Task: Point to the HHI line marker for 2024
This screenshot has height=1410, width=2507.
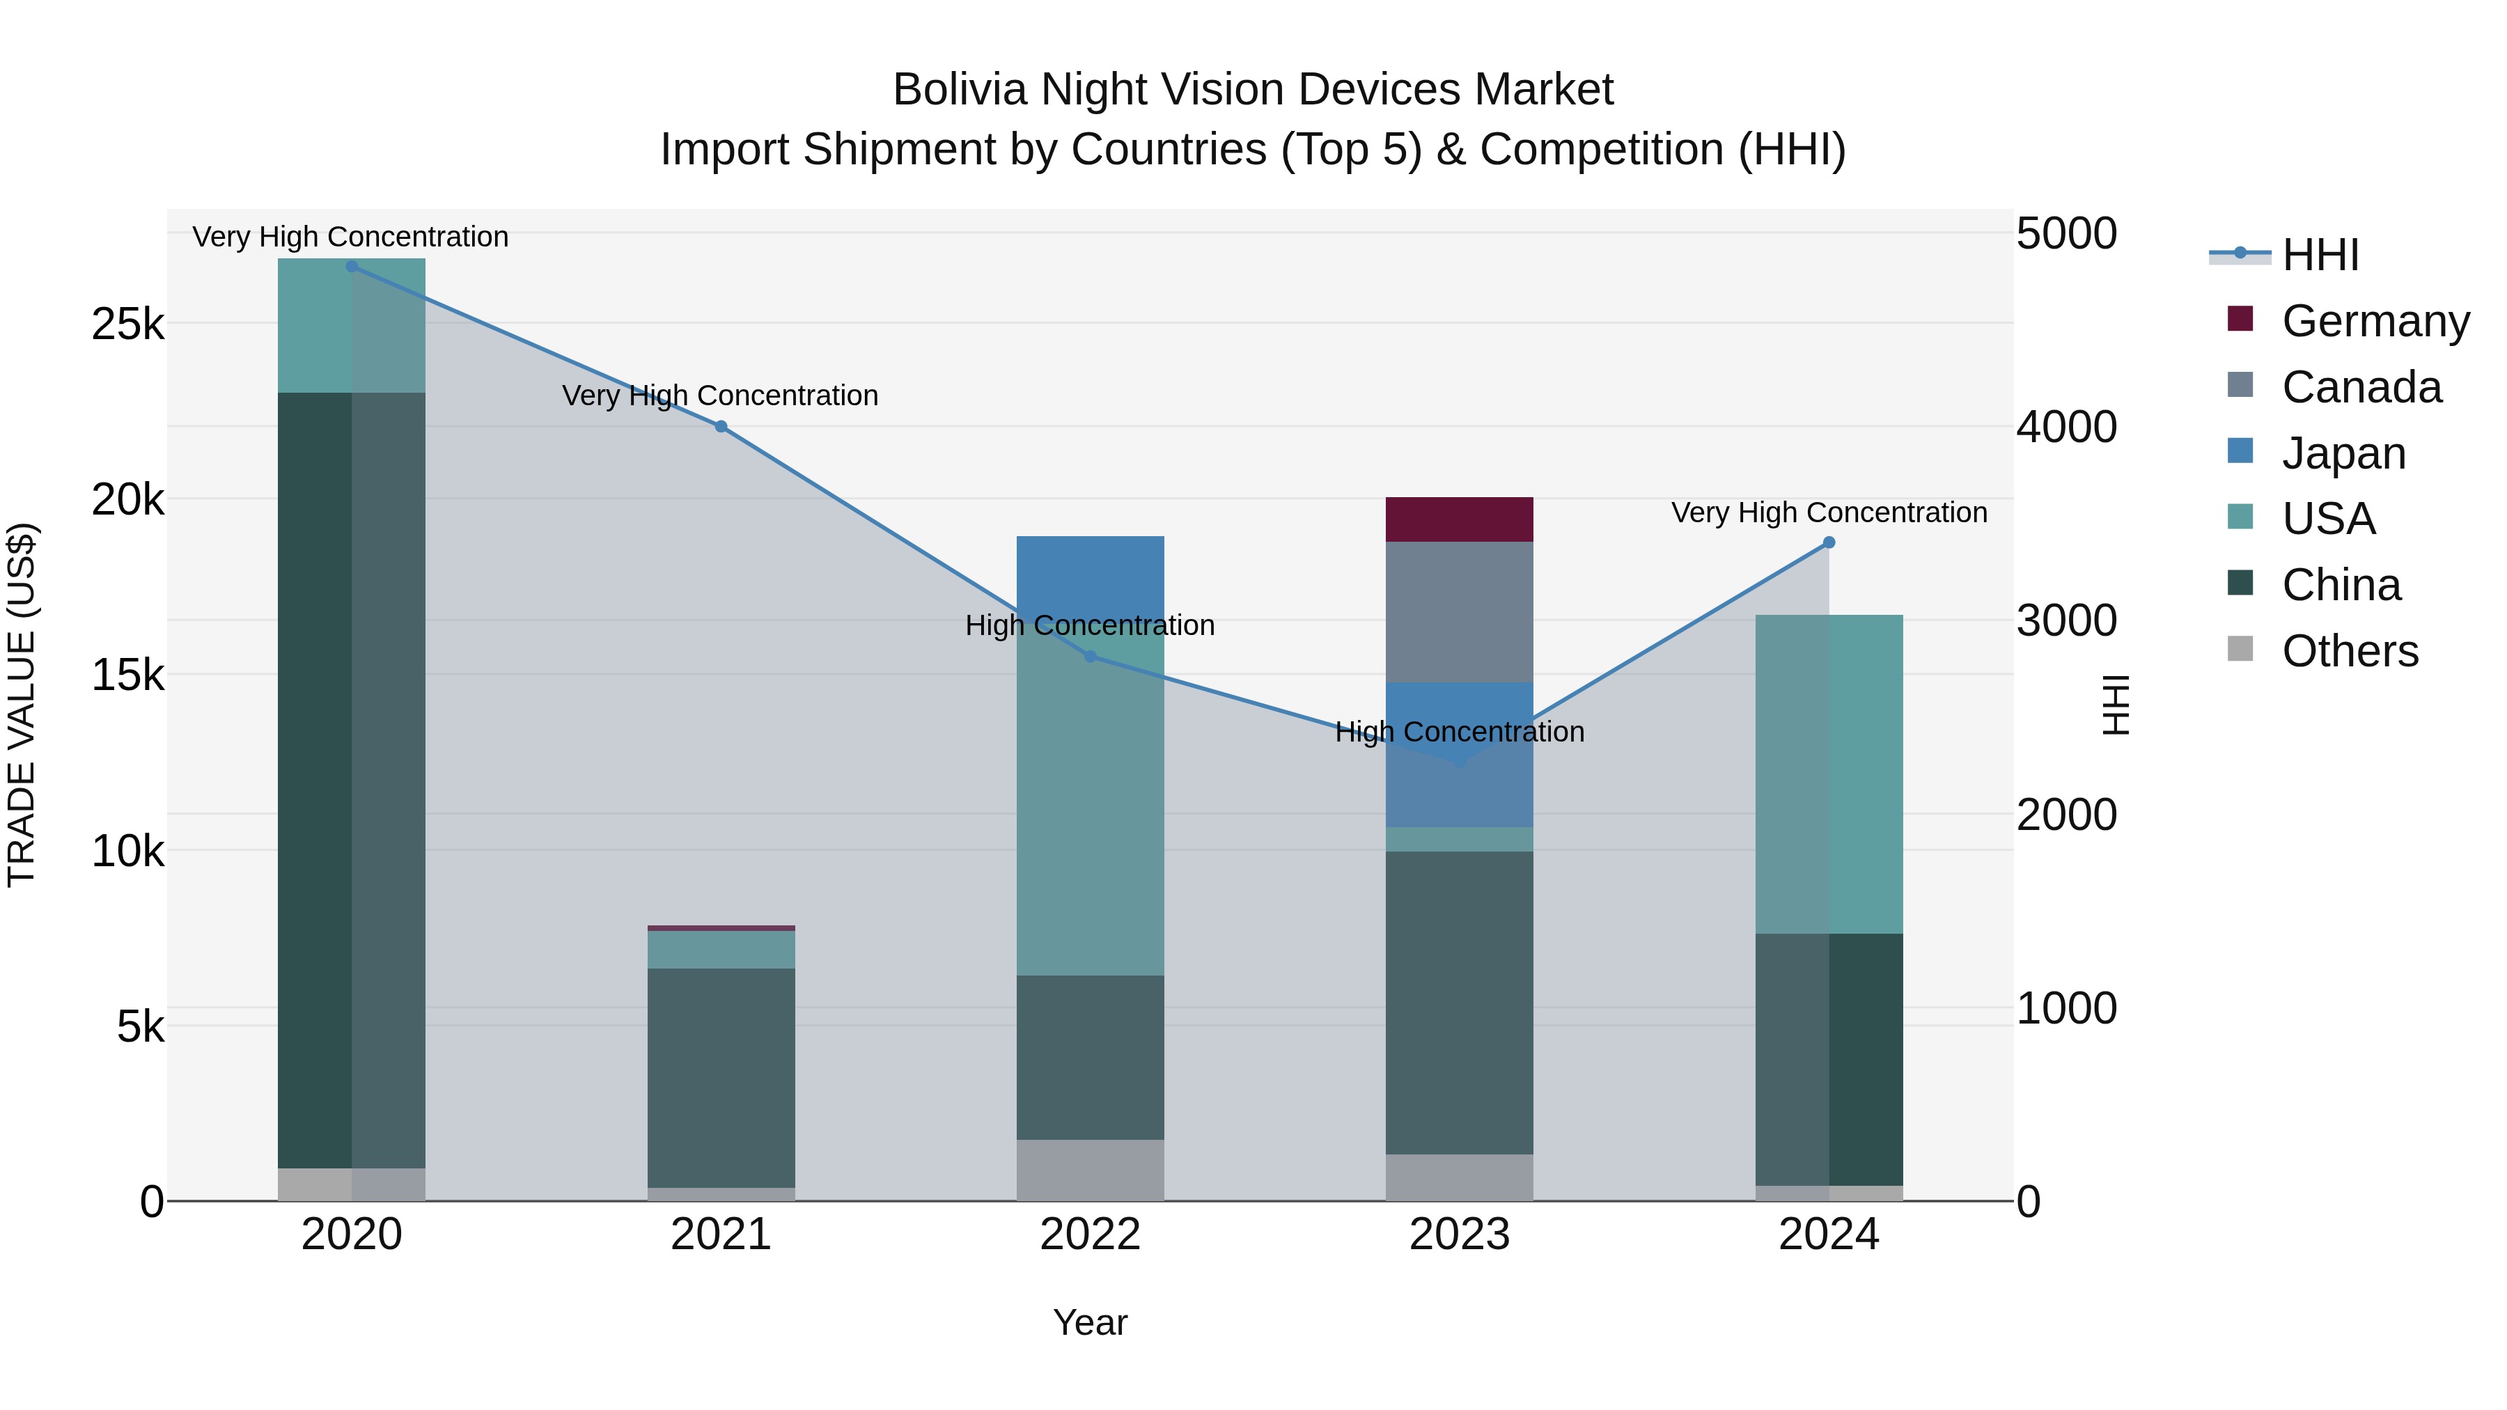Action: [1829, 542]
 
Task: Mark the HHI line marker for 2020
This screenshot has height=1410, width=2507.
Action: [352, 266]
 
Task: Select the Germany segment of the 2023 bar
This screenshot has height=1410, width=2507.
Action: [1459, 519]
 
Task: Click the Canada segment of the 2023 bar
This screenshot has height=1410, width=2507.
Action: [1459, 611]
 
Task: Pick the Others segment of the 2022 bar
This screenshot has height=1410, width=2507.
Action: [1090, 1170]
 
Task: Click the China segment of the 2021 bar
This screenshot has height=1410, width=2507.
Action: [721, 1077]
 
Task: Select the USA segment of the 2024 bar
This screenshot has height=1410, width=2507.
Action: [1829, 774]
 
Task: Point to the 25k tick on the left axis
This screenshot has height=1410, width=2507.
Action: [127, 324]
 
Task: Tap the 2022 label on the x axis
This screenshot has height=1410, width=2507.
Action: [1090, 1235]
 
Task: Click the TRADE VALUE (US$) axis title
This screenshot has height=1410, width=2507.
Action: [22, 705]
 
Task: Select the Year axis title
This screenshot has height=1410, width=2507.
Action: [1090, 1322]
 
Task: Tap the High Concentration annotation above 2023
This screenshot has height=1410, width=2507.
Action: [1459, 732]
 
